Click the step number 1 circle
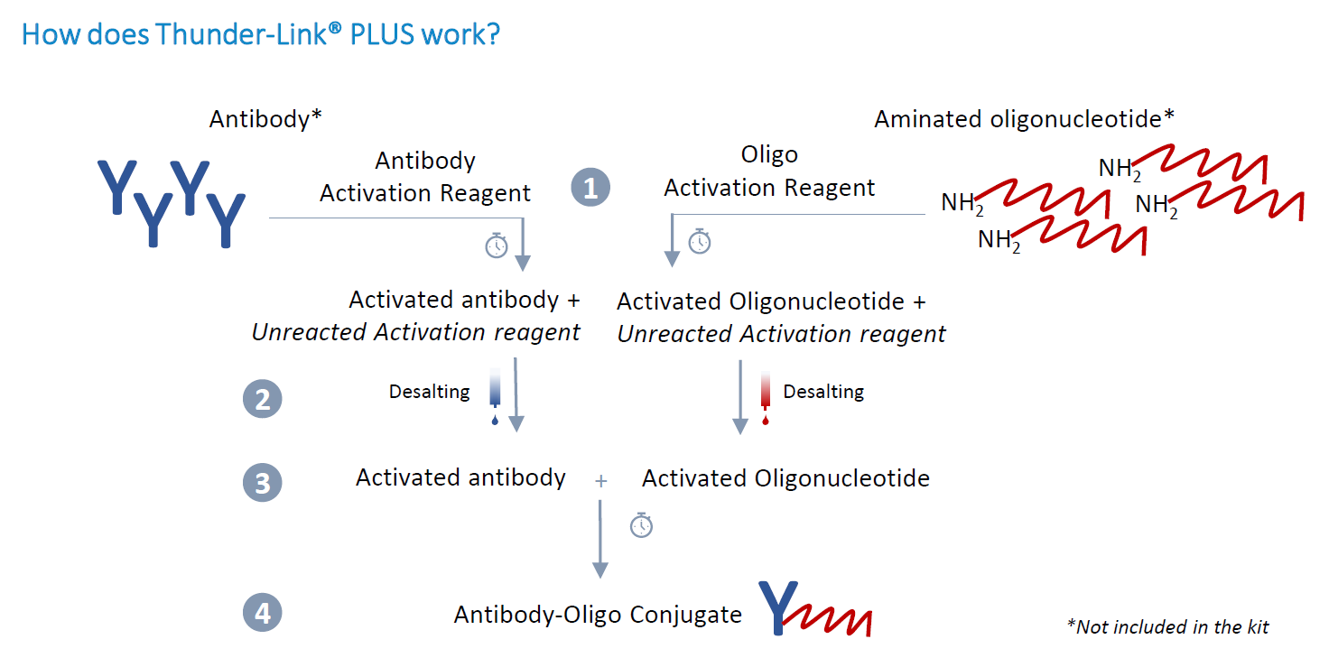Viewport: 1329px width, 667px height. pos(590,188)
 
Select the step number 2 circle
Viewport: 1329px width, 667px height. pos(262,399)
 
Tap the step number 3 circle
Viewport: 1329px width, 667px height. pos(262,483)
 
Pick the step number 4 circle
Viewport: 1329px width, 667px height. pos(262,614)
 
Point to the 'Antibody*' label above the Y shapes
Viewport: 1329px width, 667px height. pos(265,119)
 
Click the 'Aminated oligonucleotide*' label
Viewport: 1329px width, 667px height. pos(1024,119)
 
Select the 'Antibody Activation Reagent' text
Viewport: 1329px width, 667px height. pos(425,177)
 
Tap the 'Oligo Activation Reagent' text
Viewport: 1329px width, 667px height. pos(769,171)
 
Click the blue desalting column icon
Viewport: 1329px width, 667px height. pos(495,395)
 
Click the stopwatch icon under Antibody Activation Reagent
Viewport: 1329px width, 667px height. pos(497,245)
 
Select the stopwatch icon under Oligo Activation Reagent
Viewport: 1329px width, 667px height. pos(700,241)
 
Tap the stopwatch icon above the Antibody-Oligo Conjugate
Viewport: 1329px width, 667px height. pos(641,524)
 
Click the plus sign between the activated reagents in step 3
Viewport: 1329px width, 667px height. pos(601,481)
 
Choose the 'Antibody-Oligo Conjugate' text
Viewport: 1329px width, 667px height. pos(598,615)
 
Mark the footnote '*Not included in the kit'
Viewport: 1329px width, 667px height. pos(1167,626)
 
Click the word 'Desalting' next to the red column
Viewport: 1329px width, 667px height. pos(823,392)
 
